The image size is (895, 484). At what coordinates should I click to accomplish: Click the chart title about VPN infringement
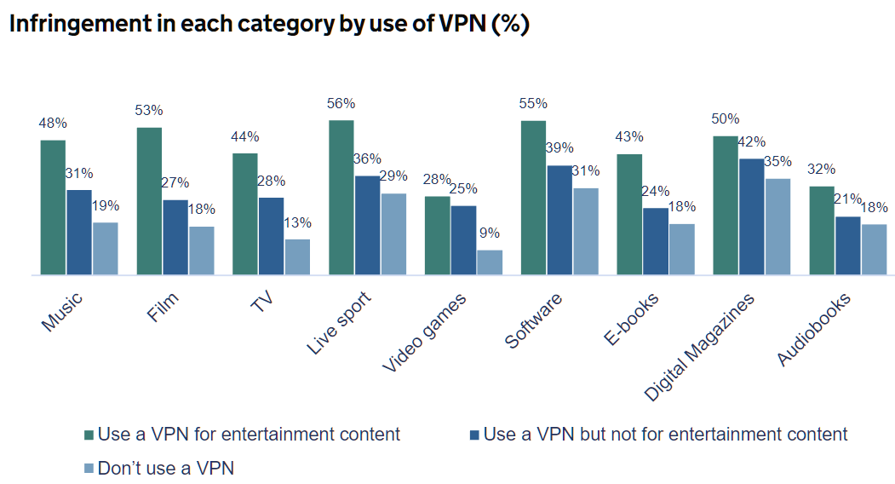coord(269,24)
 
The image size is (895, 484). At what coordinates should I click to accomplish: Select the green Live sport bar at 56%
coord(341,198)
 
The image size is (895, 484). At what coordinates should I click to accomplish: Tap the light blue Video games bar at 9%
coord(490,262)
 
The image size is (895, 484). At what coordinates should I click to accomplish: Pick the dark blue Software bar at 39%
coord(559,220)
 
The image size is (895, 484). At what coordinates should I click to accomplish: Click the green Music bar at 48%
coord(53,207)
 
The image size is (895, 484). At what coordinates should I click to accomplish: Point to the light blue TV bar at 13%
coord(297,257)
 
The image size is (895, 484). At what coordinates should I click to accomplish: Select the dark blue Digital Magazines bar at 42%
coord(752,216)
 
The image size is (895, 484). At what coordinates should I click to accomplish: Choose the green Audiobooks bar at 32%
coord(822,230)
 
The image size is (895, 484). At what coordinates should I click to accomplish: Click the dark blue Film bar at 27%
coord(176,237)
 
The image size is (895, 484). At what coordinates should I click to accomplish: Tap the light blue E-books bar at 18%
coord(682,250)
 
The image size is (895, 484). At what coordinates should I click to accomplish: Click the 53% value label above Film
coord(149,110)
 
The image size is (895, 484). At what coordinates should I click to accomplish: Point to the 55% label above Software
coord(533,103)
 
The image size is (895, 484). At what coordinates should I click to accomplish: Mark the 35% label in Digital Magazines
coord(777,161)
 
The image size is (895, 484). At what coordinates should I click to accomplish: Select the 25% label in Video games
coord(463,188)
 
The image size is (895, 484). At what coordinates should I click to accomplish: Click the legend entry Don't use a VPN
coord(164,468)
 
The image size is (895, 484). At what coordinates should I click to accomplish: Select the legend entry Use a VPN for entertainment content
coord(248,435)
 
